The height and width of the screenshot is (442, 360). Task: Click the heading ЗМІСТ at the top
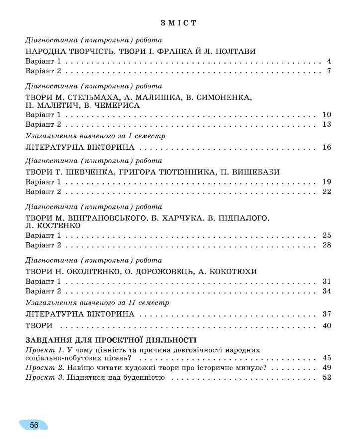(x=179, y=23)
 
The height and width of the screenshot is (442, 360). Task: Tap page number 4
(x=329, y=62)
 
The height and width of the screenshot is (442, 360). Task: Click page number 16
(x=327, y=147)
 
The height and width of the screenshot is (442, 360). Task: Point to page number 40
(x=327, y=326)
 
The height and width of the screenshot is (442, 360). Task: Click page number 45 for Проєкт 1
(x=327, y=358)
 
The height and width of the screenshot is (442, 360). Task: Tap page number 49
(x=327, y=368)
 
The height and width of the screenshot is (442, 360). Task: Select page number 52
(x=327, y=378)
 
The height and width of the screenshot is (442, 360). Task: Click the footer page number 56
(x=34, y=425)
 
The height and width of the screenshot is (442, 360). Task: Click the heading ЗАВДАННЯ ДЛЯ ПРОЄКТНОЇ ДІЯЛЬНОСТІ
(x=111, y=341)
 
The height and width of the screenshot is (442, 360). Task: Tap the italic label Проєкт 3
(x=43, y=378)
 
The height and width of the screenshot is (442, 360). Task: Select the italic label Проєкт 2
(x=43, y=368)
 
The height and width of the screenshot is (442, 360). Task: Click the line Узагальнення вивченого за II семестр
(x=97, y=302)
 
